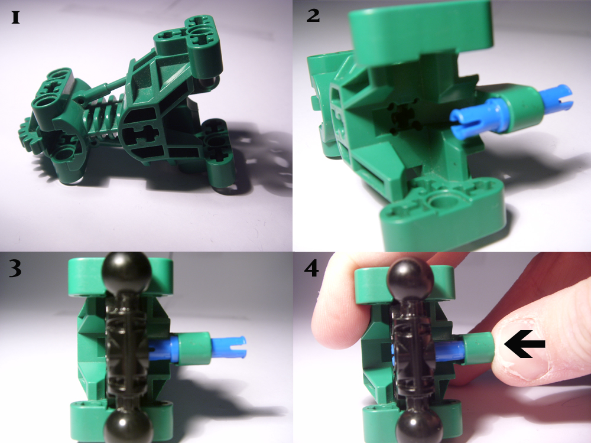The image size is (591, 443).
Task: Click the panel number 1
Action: pyautogui.click(x=15, y=18)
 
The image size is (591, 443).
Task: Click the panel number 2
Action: pyautogui.click(x=313, y=16)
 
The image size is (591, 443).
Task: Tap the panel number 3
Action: pyautogui.click(x=15, y=269)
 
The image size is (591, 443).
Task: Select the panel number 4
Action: pyautogui.click(x=311, y=269)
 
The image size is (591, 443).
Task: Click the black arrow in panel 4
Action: pyautogui.click(x=525, y=344)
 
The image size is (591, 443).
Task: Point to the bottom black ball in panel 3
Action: pyautogui.click(x=128, y=426)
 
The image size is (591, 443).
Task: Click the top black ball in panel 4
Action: pyautogui.click(x=411, y=278)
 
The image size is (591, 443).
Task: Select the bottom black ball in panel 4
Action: pyautogui.click(x=418, y=426)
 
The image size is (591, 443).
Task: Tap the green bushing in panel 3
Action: pyautogui.click(x=194, y=348)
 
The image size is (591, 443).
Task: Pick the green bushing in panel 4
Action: pyautogui.click(x=478, y=348)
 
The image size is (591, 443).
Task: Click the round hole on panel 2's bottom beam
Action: pyautogui.click(x=442, y=200)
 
